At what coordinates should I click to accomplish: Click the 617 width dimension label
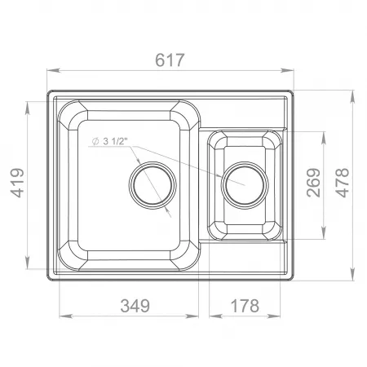coord(170,60)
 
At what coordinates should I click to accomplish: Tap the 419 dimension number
coord(17,183)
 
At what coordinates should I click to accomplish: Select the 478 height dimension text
coord(342,183)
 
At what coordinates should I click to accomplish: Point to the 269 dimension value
coord(313,183)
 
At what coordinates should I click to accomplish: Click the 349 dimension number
coord(135,306)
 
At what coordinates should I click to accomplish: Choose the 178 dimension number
coord(245,306)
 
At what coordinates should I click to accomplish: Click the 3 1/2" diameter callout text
coord(115,141)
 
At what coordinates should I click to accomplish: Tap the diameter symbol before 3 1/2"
coord(95,142)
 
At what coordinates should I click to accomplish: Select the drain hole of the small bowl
coord(245,185)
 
